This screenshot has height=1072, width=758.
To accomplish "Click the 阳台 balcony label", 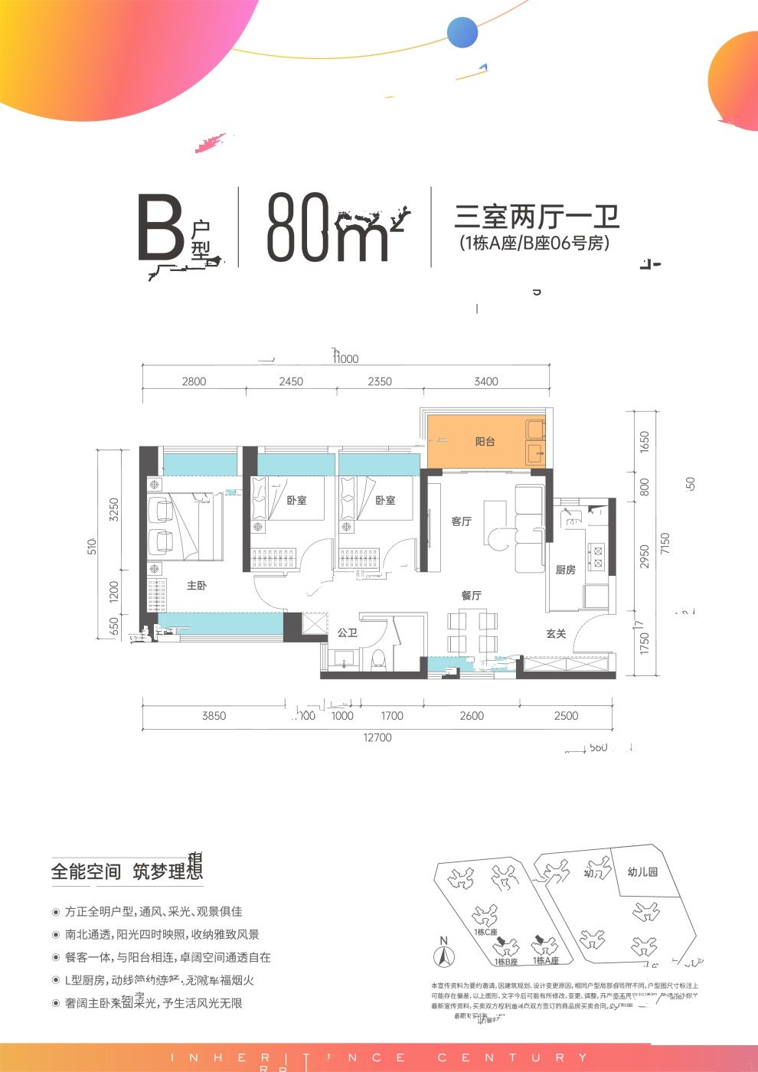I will click(x=485, y=442).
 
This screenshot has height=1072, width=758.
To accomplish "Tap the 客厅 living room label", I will click(x=461, y=521).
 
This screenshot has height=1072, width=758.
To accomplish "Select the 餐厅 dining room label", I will click(x=471, y=595).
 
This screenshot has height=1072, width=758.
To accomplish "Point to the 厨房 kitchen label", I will click(x=565, y=570).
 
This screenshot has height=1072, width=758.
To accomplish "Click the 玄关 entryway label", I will click(x=556, y=633).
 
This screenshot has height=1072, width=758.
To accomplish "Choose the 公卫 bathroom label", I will click(x=347, y=632).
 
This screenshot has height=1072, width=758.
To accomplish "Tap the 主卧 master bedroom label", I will click(x=197, y=586).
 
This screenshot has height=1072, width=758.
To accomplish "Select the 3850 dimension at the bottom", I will click(x=214, y=716).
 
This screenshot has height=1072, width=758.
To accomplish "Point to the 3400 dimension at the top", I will click(x=485, y=381).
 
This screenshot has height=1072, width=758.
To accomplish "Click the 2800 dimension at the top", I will click(x=194, y=381).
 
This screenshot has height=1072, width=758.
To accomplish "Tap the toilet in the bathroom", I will click(x=378, y=659).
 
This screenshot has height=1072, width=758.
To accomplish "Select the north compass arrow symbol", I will click(x=442, y=955).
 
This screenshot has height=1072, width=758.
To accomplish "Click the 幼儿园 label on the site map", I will click(x=642, y=872).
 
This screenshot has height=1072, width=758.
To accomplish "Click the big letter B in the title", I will click(x=159, y=228).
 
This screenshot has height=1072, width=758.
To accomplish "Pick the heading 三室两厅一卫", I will click(x=537, y=217).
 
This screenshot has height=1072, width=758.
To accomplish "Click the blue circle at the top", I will click(x=462, y=33).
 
